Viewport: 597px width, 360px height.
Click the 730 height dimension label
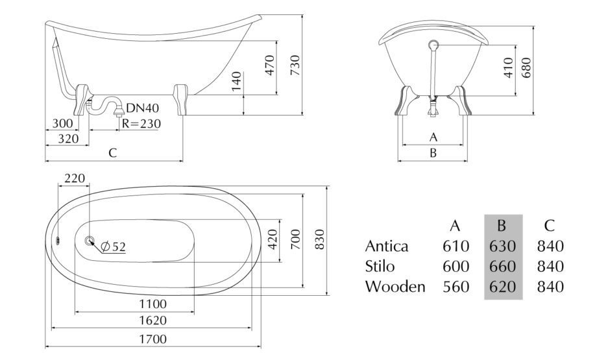tap(295, 65)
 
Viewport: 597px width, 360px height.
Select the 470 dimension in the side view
tap(269, 65)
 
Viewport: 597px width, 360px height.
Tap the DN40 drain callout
tap(142, 108)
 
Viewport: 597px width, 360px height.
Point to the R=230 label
tap(141, 124)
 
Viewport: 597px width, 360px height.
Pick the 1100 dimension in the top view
tap(152, 304)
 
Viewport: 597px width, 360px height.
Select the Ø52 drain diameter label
tap(114, 247)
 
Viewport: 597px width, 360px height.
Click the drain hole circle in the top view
tap(90, 241)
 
